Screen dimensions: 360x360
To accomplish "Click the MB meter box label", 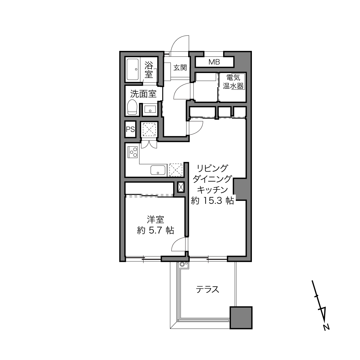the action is (214, 62).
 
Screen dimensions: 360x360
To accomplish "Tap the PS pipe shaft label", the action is (131, 129).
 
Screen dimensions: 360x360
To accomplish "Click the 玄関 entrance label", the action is (180, 68).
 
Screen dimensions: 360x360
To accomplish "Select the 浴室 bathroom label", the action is (149, 70).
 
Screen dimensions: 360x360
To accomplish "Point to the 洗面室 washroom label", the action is (143, 94).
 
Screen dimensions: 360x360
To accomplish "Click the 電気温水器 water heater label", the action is (233, 82).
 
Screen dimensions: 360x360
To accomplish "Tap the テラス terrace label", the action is (208, 290).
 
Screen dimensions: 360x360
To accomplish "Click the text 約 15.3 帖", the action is (212, 201).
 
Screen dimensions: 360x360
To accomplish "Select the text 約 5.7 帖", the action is (156, 231).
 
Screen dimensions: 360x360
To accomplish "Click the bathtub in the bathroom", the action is (133, 70).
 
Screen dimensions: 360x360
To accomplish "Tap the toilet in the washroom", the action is (132, 107).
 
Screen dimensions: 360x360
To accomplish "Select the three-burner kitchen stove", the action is (133, 152).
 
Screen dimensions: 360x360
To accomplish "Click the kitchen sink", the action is (158, 170).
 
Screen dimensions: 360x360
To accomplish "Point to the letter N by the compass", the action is (326, 332).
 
